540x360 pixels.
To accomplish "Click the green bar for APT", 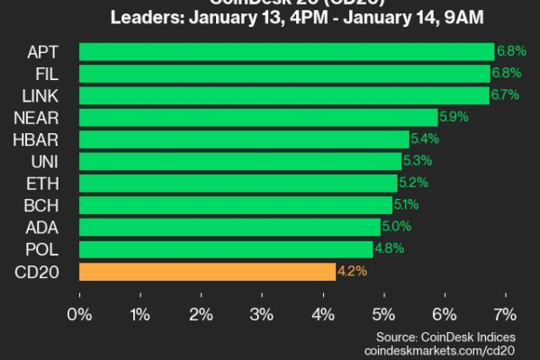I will coord(286,51).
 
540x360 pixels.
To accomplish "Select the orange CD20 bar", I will coord(207,271).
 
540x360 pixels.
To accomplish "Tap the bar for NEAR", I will coord(258,117).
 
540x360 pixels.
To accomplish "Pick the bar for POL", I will coord(226,249).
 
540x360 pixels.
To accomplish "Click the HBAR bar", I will coord(244,139).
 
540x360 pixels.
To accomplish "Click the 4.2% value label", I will coord(351,271).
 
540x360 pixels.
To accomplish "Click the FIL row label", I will coord(47,73).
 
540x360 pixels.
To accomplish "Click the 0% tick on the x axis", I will coord(80,314).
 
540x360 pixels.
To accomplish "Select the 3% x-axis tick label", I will coord(262,314).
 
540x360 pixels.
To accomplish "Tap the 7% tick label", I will coord(505,314).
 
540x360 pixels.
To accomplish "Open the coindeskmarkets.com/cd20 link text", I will coord(440,349).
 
